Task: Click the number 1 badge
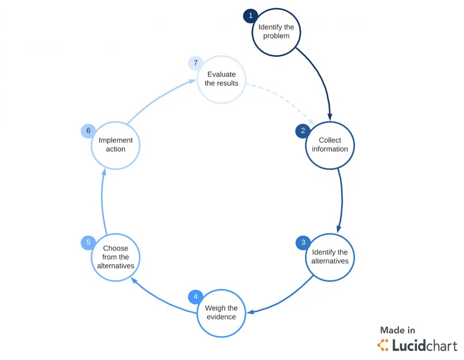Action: tap(251, 16)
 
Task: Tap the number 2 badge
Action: tap(303, 131)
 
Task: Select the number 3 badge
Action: tap(303, 242)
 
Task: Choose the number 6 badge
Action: tap(88, 131)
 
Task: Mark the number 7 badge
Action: tap(195, 63)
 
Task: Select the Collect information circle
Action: tap(330, 145)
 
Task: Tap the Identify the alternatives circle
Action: tap(330, 257)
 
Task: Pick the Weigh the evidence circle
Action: tap(221, 313)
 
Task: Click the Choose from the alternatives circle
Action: tap(116, 258)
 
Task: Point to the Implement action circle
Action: tap(116, 145)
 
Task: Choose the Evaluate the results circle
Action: tap(221, 80)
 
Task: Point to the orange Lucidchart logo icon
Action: tap(383, 345)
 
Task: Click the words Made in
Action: tap(397, 330)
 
